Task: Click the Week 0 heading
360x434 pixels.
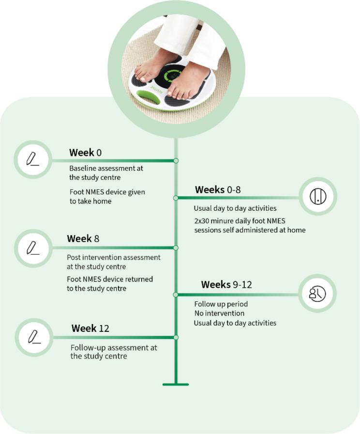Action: [x=85, y=153]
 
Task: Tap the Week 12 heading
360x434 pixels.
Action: [x=90, y=328]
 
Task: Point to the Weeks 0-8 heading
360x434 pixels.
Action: [x=218, y=190]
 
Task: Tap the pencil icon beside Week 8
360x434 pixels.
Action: [x=32, y=248]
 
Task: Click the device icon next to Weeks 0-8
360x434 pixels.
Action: [x=318, y=196]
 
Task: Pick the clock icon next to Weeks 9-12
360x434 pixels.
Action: [x=317, y=293]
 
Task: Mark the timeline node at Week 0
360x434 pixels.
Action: [x=176, y=160]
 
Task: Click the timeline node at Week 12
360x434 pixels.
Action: [x=176, y=337]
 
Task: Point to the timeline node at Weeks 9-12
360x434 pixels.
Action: [x=176, y=294]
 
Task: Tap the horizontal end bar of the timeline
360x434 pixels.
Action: [x=176, y=385]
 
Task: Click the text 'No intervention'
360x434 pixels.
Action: [x=219, y=313]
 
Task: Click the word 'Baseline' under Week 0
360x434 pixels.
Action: [x=84, y=169]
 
